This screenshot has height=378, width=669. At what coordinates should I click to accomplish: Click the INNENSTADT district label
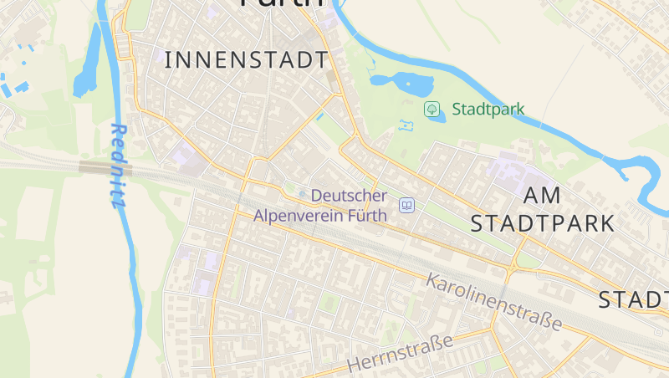coord(247,60)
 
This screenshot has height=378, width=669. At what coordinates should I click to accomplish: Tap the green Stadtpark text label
coord(488,109)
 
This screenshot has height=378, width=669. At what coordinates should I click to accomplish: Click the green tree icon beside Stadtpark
coord(432,108)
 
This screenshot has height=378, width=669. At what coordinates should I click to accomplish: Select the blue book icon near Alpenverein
coord(406,205)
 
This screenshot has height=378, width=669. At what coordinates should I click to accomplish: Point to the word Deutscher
coord(349,196)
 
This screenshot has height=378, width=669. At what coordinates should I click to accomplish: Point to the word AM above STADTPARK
coord(542,195)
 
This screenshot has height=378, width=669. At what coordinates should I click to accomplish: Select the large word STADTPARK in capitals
coord(543,223)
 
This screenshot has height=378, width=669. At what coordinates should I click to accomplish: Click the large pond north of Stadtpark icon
coord(402,83)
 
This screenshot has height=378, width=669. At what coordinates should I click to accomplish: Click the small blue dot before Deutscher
coord(303,195)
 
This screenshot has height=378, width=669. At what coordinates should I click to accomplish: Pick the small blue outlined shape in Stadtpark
coord(407,125)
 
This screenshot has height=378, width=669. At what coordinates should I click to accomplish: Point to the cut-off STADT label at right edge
coord(633,299)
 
